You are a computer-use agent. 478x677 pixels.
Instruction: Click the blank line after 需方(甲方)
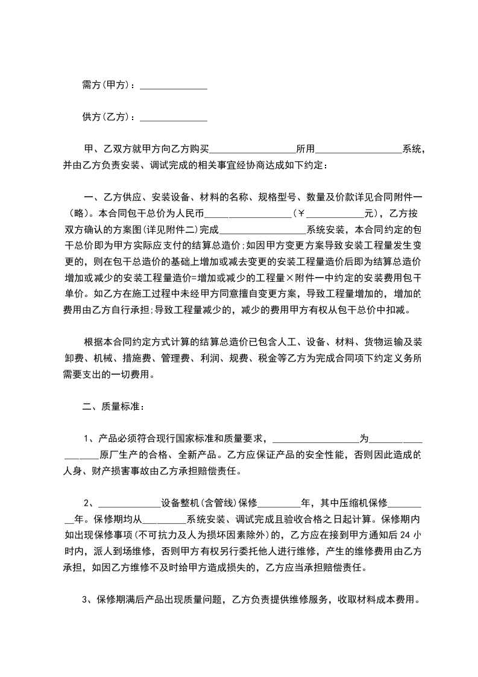point(174,87)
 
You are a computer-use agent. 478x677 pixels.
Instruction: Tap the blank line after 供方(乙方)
point(174,118)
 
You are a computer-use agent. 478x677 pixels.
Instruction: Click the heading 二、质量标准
point(113,407)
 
